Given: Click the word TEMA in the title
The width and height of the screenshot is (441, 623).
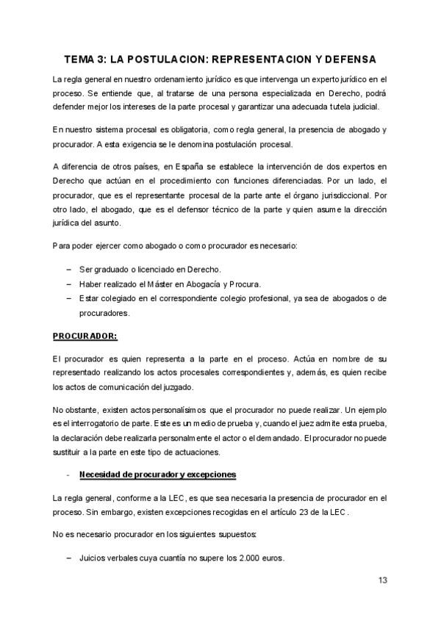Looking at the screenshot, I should [79, 58].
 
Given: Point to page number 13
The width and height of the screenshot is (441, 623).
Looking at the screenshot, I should [382, 580].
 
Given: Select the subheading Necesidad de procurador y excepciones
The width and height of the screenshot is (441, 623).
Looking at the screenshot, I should [157, 474].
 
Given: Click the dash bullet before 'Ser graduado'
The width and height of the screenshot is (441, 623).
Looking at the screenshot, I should [69, 270].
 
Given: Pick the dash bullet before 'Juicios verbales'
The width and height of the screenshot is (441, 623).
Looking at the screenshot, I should [69, 558].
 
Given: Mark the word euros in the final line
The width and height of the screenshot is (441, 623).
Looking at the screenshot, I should [273, 558].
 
